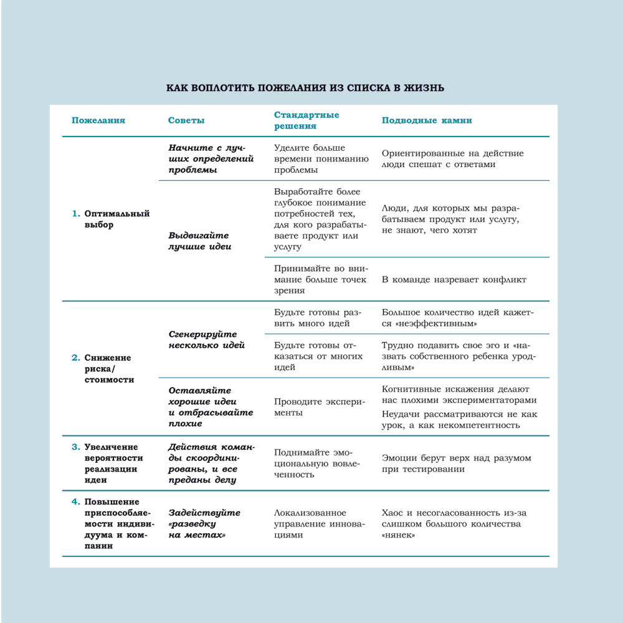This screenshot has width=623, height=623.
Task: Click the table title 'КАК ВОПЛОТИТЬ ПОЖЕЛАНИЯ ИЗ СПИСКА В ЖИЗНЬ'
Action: pyautogui.click(x=305, y=88)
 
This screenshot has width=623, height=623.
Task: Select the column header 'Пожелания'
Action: pyautogui.click(x=98, y=121)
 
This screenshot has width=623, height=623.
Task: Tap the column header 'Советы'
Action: pyautogui.click(x=186, y=121)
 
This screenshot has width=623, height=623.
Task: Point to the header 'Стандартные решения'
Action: pyautogui.click(x=307, y=120)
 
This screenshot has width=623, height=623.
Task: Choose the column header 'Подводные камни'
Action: pyautogui.click(x=427, y=121)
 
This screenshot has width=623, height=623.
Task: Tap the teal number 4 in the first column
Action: pyautogui.click(x=75, y=502)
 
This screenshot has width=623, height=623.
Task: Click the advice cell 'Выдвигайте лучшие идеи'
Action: pyautogui.click(x=199, y=241)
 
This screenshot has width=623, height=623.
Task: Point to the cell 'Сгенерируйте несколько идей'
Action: pyautogui.click(x=206, y=340)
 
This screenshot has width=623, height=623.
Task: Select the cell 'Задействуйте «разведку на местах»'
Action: pyautogui.click(x=204, y=524)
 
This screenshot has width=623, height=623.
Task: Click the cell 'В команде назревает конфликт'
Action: pyautogui.click(x=454, y=280)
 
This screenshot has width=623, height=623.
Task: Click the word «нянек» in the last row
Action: pyautogui.click(x=399, y=535)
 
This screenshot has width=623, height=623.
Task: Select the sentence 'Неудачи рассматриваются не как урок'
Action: pyautogui.click(x=459, y=419)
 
